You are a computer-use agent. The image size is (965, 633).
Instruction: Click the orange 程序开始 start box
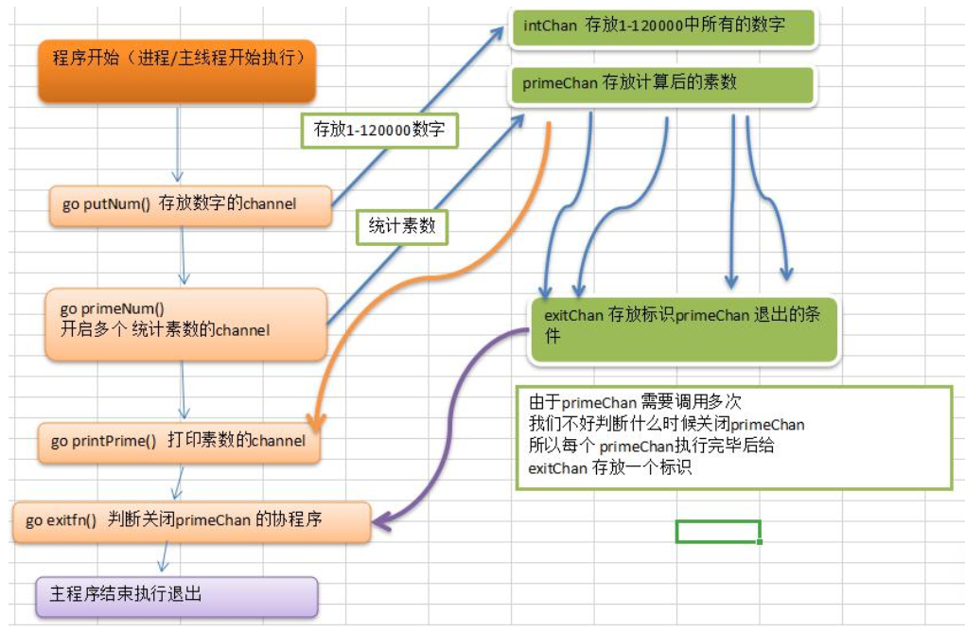(177, 71)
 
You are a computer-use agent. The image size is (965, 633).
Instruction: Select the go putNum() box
(190, 204)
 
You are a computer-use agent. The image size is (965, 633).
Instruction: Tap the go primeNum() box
(185, 324)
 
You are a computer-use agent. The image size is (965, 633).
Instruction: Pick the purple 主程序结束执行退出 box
(176, 595)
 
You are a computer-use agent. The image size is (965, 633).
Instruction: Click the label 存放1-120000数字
(378, 130)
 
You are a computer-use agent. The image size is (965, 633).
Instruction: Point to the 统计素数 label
(401, 227)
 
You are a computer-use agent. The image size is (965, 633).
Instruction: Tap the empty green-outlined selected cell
(718, 531)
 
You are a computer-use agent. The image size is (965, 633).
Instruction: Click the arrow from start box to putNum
(177, 142)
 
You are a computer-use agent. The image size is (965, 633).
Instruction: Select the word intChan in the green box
(550, 26)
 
